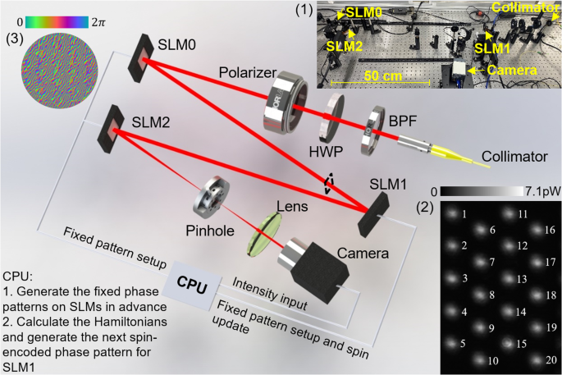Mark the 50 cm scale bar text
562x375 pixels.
(377, 72)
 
